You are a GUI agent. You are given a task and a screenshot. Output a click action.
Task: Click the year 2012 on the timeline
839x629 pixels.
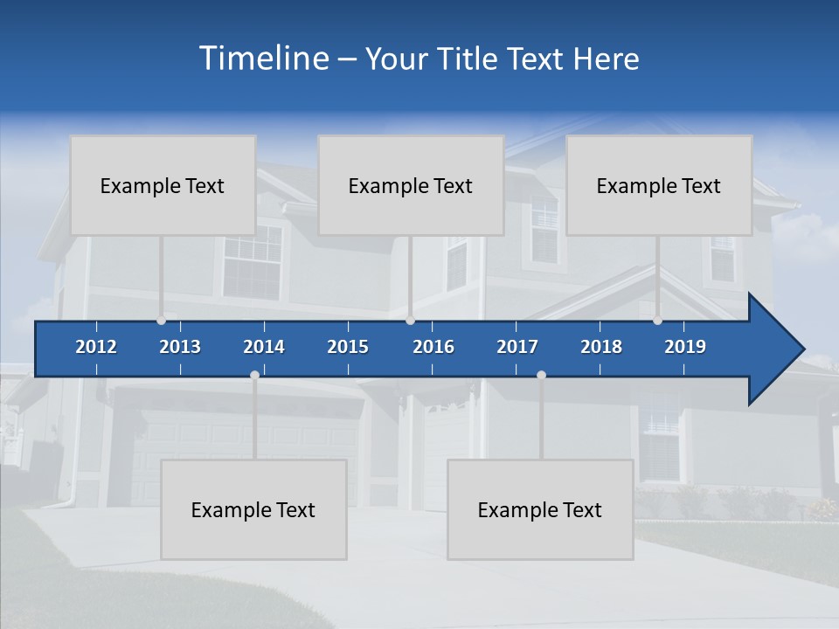tap(96, 347)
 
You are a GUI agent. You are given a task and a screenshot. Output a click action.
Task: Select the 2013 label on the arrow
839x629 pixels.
tap(180, 347)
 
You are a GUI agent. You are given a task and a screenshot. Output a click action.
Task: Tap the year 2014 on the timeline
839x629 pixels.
tap(264, 347)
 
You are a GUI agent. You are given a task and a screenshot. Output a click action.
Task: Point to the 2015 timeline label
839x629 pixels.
tap(348, 347)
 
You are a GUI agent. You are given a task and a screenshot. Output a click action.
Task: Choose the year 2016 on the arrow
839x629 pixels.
tap(433, 347)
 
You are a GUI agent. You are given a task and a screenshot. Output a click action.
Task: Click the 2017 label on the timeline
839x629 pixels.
tap(517, 347)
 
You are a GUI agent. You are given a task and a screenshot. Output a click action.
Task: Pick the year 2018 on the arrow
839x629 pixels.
tap(601, 347)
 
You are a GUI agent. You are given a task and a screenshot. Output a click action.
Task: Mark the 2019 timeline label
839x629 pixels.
tap(685, 347)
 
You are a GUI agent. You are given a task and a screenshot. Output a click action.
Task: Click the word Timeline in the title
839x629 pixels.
tap(263, 58)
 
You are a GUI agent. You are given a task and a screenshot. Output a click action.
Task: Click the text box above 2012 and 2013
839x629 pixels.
tap(163, 185)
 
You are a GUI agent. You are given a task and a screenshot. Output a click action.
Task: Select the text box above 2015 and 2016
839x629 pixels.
tap(411, 185)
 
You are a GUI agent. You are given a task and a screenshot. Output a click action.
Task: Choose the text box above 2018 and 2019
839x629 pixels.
tap(659, 185)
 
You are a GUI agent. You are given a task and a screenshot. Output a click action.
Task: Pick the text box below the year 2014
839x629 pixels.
tap(253, 509)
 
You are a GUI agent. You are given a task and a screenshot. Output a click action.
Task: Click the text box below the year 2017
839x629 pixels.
tap(540, 509)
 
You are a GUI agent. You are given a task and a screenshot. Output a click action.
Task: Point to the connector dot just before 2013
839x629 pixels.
tap(161, 321)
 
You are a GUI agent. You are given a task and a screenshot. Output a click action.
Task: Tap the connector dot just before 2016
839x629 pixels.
tap(410, 321)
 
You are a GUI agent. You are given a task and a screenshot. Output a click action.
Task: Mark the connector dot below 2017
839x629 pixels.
tap(541, 375)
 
